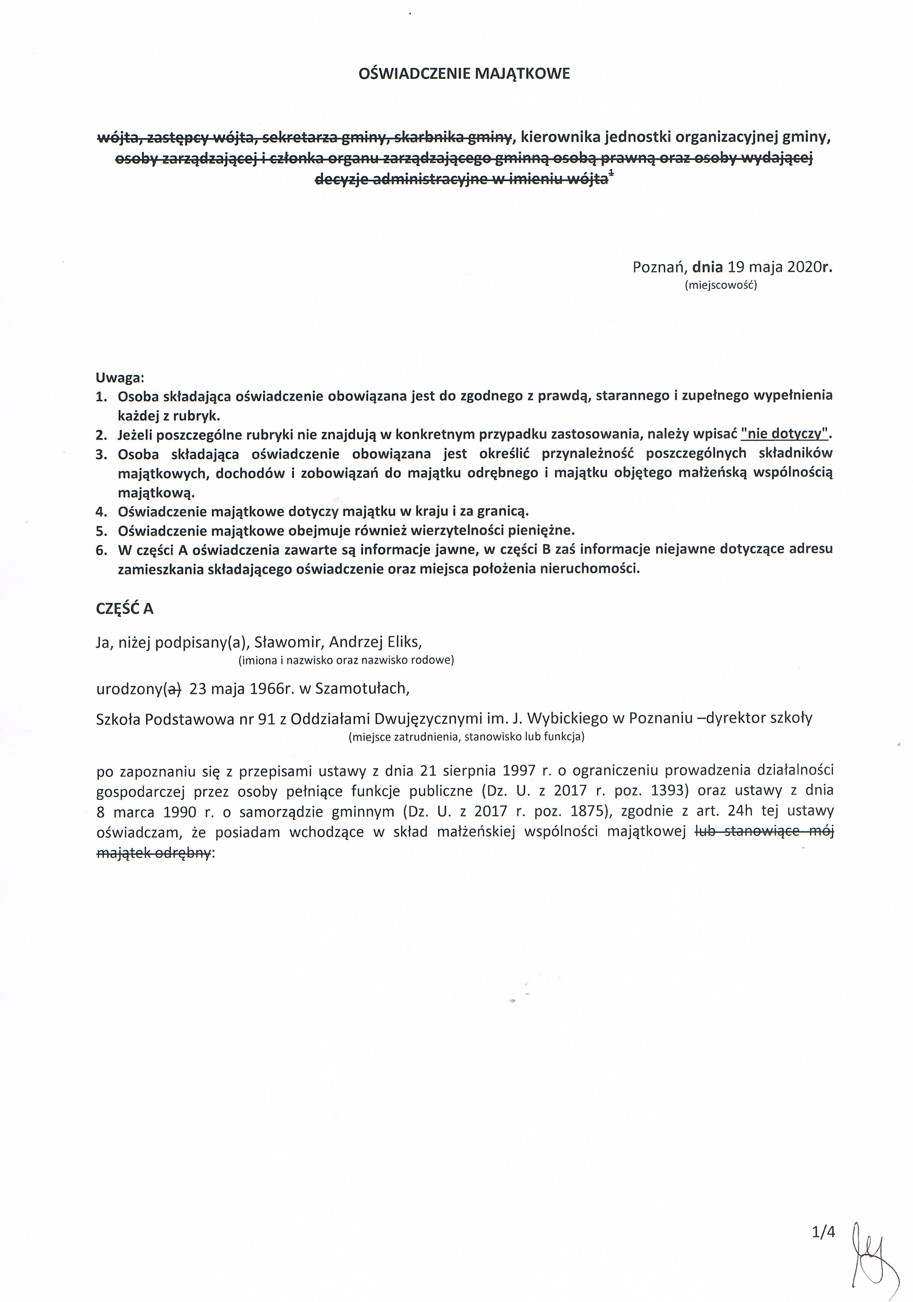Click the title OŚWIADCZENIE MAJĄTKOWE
coord(464,74)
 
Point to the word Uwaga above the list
coord(120,377)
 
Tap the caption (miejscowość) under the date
coord(721,285)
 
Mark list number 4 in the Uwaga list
coord(102,512)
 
